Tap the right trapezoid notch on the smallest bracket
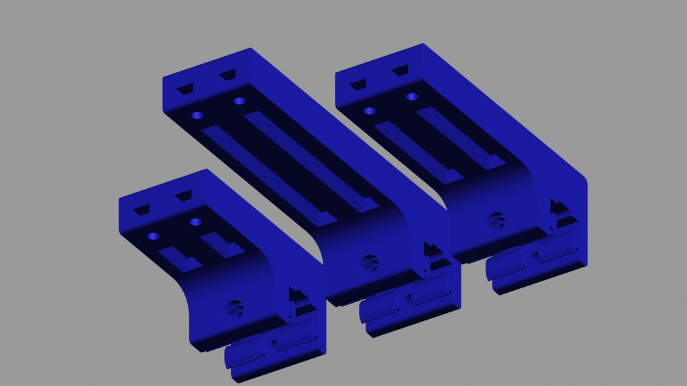pyautogui.click(x=183, y=197)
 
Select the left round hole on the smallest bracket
pyautogui.click(x=154, y=237)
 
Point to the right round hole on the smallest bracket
pyautogui.click(x=196, y=221)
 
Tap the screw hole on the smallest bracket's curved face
pyautogui.click(x=235, y=308)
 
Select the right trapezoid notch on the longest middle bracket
pyautogui.click(x=228, y=74)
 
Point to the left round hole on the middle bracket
pyautogui.click(x=197, y=115)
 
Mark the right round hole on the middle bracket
pyautogui.click(x=239, y=101)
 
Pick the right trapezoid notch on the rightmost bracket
pyautogui.click(x=401, y=70)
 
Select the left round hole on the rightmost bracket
pyautogui.click(x=369, y=111)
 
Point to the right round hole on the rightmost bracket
pyautogui.click(x=411, y=96)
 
